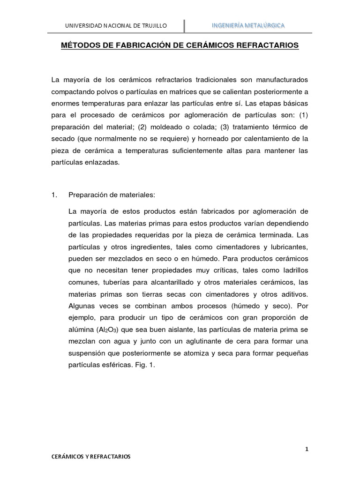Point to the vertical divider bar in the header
pyautogui.click(x=184, y=25)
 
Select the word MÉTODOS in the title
pyautogui.click(x=79, y=46)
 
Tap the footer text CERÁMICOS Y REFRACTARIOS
pyautogui.click(x=91, y=456)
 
